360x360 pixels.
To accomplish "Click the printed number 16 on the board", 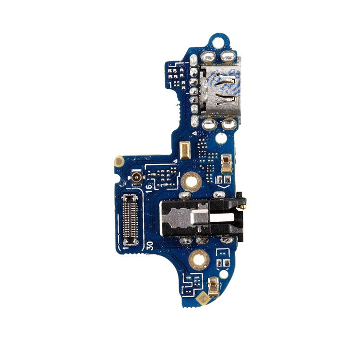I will (149, 186).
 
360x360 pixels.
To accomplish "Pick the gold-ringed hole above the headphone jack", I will (191, 181).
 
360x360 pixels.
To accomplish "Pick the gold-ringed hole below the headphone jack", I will (198, 260).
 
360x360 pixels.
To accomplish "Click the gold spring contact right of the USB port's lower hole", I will (226, 163).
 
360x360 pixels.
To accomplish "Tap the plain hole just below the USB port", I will (220, 139).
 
